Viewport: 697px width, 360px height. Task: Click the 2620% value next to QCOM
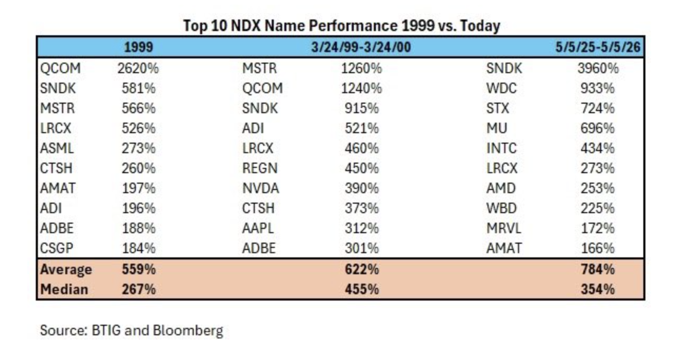click(x=138, y=68)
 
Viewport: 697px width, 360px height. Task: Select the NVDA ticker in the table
click(x=261, y=188)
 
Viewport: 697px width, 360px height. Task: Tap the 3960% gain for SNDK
click(x=598, y=68)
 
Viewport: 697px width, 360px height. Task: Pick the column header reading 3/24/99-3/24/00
click(x=361, y=47)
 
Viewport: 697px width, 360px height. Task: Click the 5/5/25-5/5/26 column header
click(x=598, y=47)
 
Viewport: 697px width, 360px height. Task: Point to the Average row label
click(x=66, y=269)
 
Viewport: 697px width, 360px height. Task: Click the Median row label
click(x=64, y=289)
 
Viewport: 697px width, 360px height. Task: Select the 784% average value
click(x=598, y=269)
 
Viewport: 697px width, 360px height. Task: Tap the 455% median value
click(x=362, y=289)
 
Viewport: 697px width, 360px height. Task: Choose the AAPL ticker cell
click(x=257, y=228)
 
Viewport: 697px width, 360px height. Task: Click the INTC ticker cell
click(x=502, y=148)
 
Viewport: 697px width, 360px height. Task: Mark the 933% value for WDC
click(x=598, y=88)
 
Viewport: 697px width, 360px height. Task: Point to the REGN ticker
click(x=260, y=168)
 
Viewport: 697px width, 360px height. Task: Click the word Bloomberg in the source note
click(x=188, y=331)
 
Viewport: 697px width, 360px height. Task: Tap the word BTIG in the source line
click(x=106, y=331)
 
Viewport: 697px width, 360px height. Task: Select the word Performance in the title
click(x=353, y=25)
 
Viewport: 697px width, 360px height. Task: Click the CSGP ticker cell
click(x=57, y=248)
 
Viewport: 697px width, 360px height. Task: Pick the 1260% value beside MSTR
click(x=362, y=68)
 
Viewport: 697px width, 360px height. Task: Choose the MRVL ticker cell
click(x=503, y=228)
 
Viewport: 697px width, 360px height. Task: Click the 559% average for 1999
click(x=138, y=269)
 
